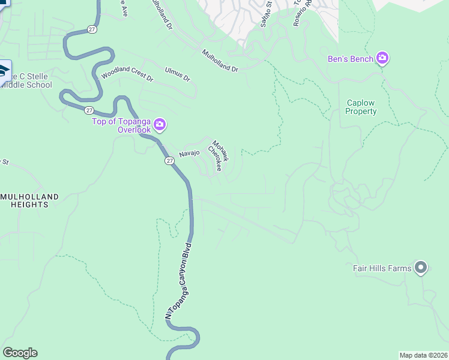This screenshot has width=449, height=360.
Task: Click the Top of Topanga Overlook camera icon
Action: click(x=160, y=125)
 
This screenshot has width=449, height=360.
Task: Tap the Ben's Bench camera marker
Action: click(x=382, y=59)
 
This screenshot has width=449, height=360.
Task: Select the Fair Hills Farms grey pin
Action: click(x=421, y=268)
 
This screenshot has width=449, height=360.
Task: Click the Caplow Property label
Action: click(x=361, y=107)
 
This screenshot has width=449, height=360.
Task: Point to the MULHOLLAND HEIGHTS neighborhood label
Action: click(x=29, y=200)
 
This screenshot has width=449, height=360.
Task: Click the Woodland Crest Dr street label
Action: click(x=127, y=74)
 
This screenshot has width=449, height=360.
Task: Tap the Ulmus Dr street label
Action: click(x=178, y=77)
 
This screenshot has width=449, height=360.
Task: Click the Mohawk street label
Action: click(x=220, y=151)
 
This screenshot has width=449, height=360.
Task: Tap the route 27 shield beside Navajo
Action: click(x=169, y=161)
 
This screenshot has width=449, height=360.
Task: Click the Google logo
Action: click(x=20, y=353)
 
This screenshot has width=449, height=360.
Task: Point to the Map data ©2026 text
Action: click(x=423, y=355)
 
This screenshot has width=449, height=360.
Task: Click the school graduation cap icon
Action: click(x=3, y=71)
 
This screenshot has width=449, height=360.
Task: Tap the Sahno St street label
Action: click(x=266, y=14)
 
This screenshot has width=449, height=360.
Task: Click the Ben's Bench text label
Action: click(x=350, y=59)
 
